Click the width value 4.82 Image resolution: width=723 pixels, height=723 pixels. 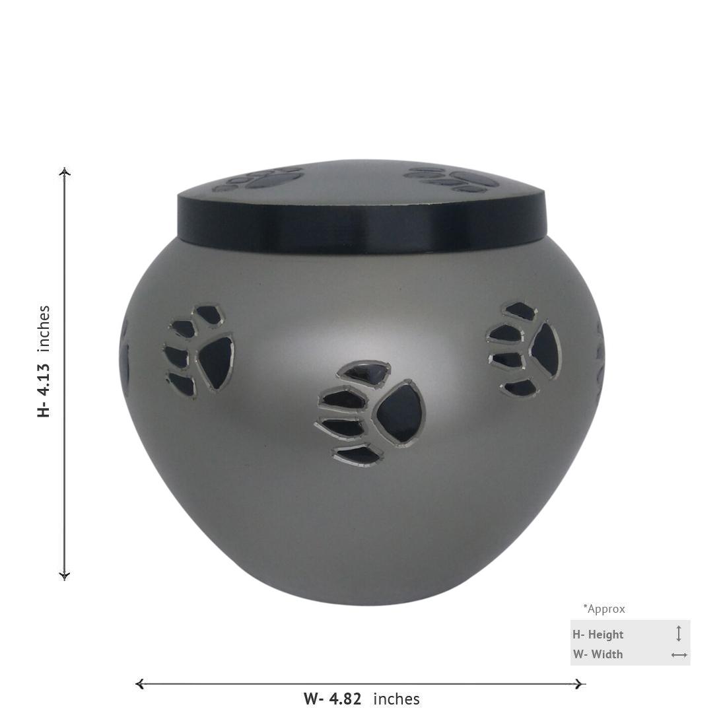(345, 699)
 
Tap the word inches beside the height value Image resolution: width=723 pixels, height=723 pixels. (43, 327)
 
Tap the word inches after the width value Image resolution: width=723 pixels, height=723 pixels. (397, 699)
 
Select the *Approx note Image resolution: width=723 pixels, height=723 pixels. (604, 609)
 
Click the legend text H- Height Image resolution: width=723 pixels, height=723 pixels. (598, 635)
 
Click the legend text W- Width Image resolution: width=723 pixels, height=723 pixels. (598, 654)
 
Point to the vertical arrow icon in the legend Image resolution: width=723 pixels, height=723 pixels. (678, 634)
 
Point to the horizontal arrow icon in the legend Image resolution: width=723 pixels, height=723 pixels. (679, 655)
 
